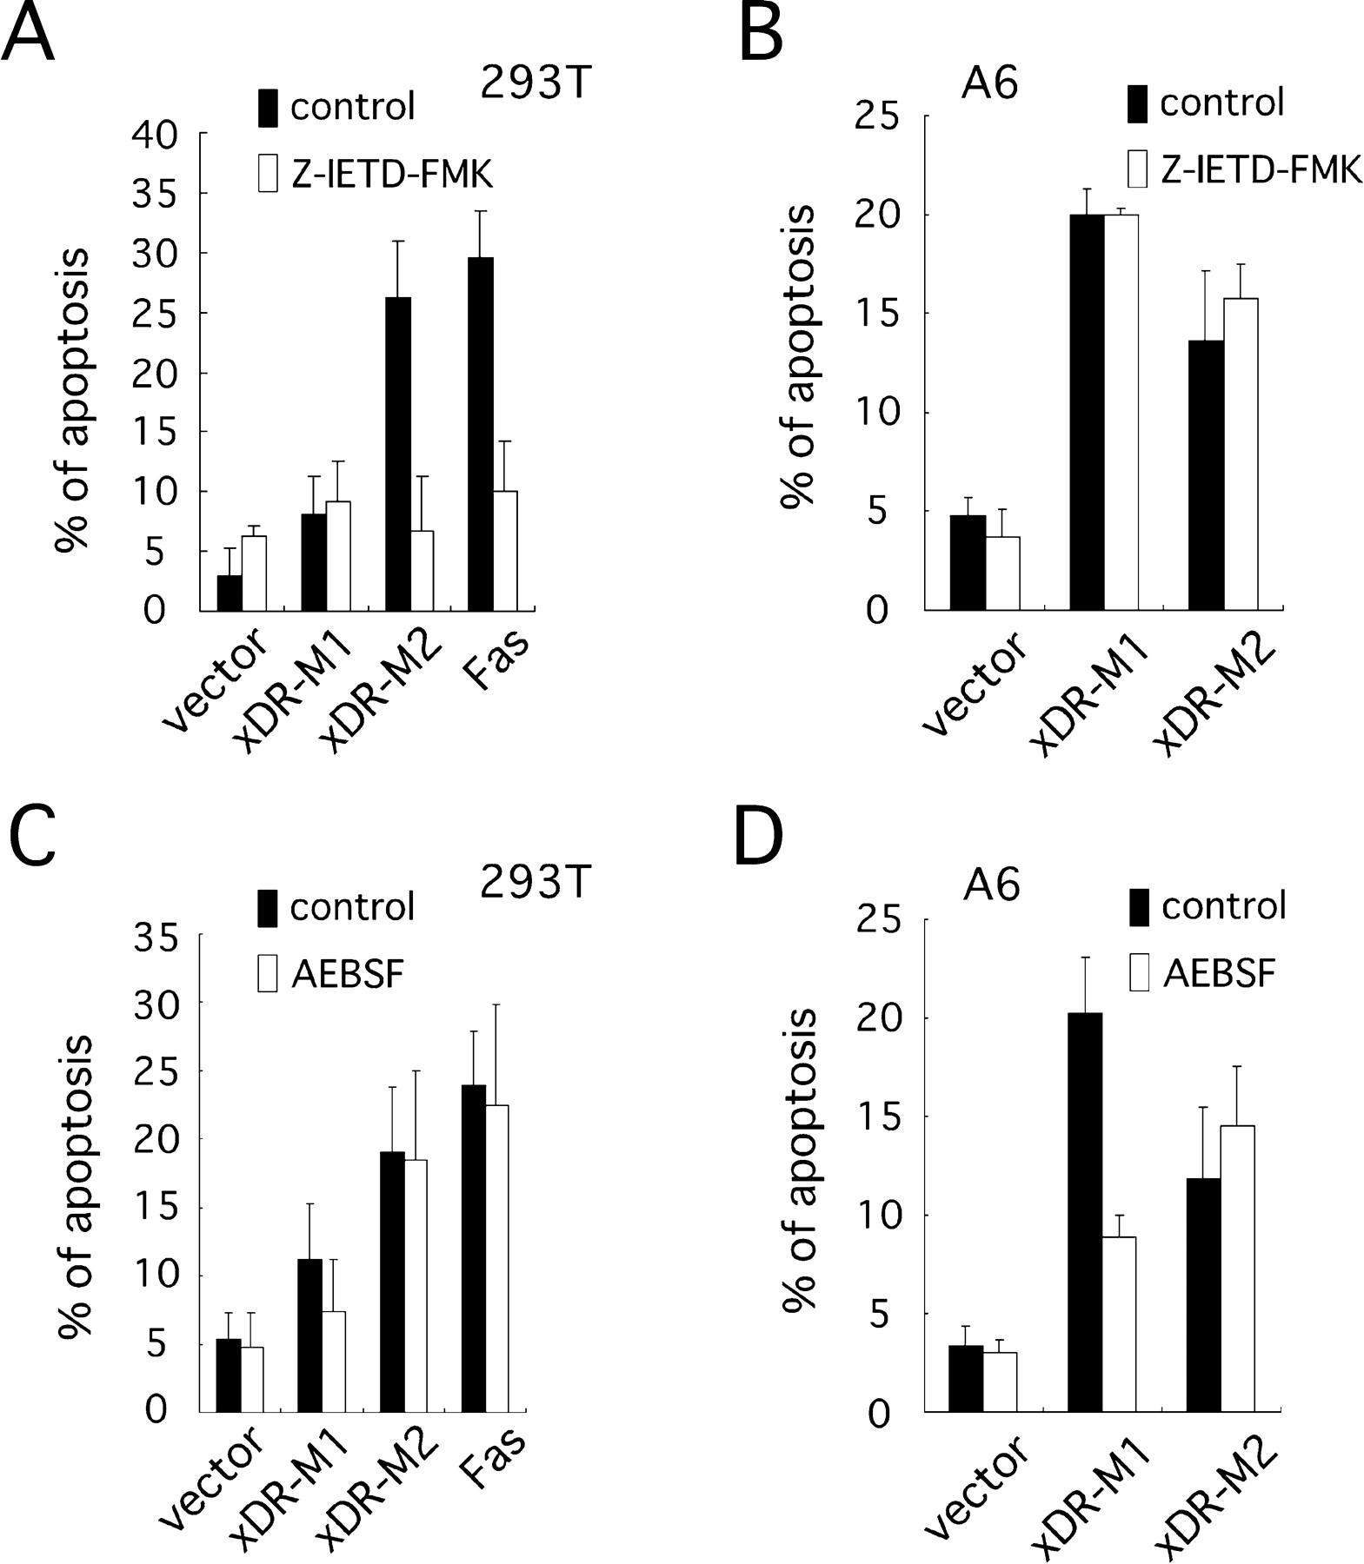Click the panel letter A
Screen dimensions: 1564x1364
click(28, 33)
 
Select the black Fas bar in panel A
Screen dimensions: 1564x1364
click(480, 434)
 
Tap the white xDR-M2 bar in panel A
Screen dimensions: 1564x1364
click(422, 571)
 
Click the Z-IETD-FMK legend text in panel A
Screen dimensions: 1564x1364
click(391, 176)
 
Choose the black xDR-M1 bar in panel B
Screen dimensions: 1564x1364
click(1087, 413)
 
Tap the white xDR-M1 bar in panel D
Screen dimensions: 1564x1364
click(1120, 1324)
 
